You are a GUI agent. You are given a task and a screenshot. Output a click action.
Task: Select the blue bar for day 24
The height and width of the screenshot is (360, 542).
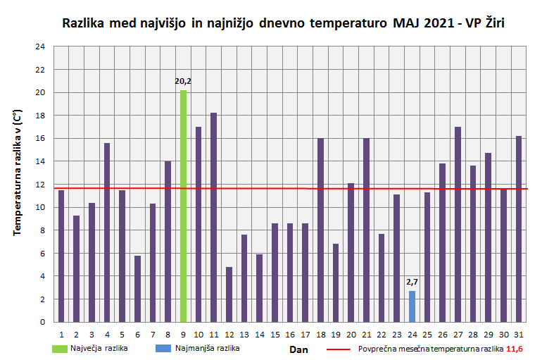coord(412,306)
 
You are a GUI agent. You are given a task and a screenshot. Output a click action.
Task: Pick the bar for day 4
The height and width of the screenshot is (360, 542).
coord(107,232)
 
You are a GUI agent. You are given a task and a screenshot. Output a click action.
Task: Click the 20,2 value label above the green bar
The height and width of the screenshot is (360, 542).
coord(183,82)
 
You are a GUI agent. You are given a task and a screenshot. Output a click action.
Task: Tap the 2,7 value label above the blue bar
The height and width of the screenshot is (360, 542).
coord(412,282)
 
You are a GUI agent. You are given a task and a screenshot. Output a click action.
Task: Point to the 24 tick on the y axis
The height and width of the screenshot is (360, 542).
coord(40,47)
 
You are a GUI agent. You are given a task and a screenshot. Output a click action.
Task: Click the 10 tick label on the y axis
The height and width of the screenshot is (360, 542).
coord(40,208)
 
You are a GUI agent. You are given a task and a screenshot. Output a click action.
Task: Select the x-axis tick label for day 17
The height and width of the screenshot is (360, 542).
coord(305,334)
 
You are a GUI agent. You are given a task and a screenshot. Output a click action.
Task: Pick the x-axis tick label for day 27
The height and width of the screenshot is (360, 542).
coord(458,334)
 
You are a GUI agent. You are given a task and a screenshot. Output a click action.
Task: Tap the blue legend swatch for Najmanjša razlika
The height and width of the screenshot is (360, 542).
coord(166,348)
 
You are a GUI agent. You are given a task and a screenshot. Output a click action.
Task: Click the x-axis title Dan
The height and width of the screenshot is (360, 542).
coord(298,348)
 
